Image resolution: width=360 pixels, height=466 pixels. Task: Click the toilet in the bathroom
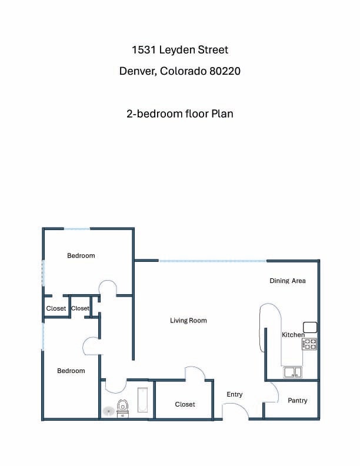point(123,408)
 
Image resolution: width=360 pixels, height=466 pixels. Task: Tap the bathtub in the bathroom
point(142,400)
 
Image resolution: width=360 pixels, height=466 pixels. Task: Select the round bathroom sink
point(109,411)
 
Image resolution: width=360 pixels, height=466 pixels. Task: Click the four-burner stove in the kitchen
point(309,344)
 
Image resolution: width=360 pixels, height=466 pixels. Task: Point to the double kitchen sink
point(292,372)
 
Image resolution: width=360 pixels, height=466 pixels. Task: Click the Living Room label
point(188,320)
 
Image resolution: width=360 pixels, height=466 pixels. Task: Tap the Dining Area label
point(288,281)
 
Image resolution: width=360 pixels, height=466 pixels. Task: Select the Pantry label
point(297,401)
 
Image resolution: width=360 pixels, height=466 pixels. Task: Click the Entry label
point(234,394)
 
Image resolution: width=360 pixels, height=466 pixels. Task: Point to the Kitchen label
point(293,335)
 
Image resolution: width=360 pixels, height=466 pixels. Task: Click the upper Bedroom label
point(81,255)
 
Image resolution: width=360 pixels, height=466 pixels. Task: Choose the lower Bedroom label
point(71,371)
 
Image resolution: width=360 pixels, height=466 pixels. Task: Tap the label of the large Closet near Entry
point(185,404)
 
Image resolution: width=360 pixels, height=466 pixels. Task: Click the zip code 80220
point(225,71)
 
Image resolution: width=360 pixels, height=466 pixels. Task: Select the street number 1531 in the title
point(144,50)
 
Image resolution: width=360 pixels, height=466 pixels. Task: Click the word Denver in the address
point(138,71)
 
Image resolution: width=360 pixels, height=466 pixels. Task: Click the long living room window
point(213,261)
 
